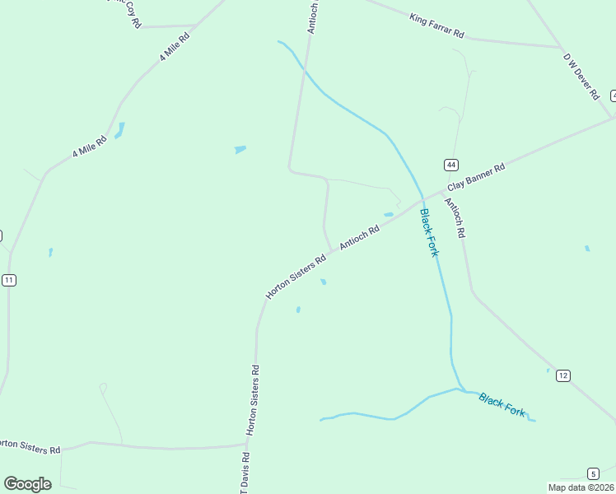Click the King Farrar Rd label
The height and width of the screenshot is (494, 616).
pos(436,26)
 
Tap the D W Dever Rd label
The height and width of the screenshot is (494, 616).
pos(581,77)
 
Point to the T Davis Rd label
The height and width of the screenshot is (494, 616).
pos(245,473)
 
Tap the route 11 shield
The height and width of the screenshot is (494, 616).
pos(9,280)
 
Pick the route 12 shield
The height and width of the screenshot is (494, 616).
pos(563,375)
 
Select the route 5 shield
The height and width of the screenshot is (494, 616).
pos(593,473)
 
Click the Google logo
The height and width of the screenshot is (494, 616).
pos(27,484)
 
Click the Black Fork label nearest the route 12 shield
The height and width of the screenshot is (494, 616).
pos(502,405)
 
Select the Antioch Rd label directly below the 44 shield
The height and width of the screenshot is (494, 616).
pos(455,218)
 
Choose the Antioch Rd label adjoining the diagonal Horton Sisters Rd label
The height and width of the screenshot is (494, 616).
pos(359,239)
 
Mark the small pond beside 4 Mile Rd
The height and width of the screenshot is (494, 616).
pos(120,130)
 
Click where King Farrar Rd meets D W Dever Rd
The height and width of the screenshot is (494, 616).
pos(561,47)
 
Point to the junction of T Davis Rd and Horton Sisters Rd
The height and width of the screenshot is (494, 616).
pos(247,445)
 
